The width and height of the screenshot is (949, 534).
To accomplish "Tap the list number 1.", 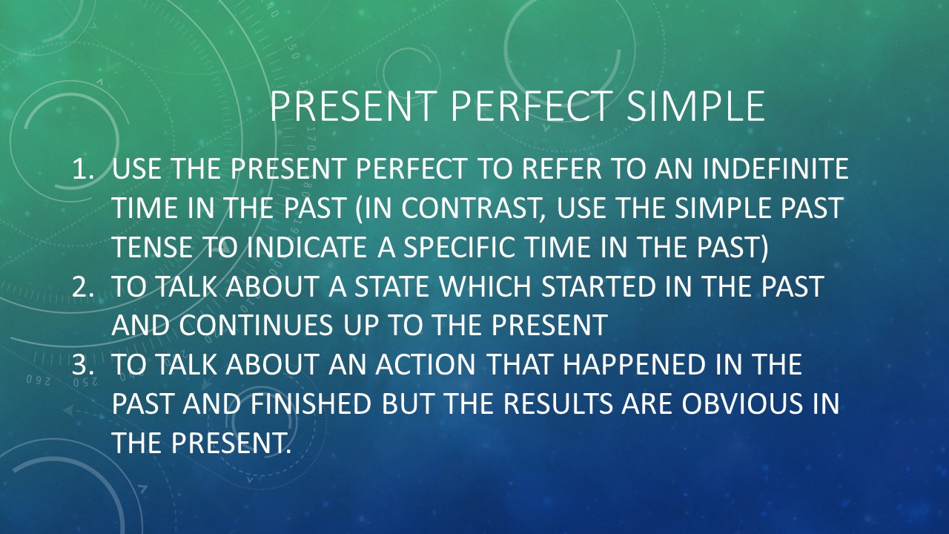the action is [82, 168].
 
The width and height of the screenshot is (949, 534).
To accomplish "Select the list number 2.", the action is [82, 286].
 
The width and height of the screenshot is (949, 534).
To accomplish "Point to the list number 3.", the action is [82, 364].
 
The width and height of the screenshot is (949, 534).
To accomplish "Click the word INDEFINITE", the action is [775, 168].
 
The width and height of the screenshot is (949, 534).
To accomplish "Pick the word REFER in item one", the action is [561, 168].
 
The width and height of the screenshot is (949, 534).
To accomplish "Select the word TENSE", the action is [152, 247].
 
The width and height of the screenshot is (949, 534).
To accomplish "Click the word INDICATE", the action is [306, 247].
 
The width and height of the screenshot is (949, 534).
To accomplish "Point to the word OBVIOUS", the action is [742, 404].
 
